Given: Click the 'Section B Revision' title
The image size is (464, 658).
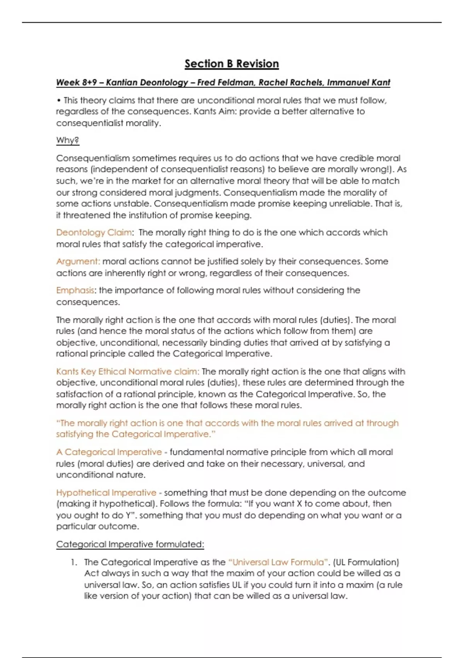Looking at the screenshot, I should (x=232, y=64).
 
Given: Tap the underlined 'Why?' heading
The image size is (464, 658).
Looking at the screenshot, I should (x=68, y=140).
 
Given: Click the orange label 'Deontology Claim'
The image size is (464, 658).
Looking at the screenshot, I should (x=94, y=233).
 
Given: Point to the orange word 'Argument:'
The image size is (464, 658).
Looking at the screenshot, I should (x=78, y=262).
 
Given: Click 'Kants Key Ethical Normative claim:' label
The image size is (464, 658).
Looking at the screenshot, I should (x=128, y=372).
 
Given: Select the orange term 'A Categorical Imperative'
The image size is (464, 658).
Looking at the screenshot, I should (x=109, y=452).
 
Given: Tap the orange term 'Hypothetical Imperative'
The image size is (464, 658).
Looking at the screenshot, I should (x=106, y=493).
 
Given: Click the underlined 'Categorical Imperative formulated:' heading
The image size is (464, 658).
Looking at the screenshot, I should (x=130, y=544).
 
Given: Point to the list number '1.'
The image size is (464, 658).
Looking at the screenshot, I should (x=74, y=562).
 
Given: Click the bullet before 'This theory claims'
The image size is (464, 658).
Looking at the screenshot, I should (x=59, y=101).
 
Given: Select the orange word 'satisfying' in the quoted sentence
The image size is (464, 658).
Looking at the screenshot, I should (x=75, y=434).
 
